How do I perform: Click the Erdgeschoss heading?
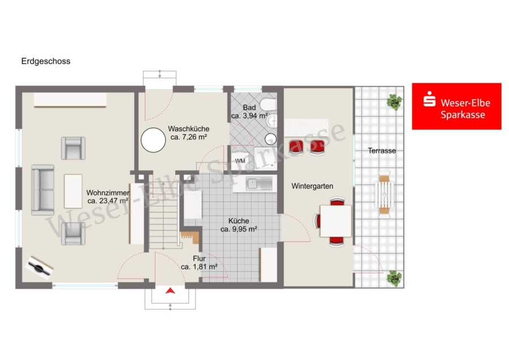pos(46,61)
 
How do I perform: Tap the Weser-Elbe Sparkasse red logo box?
pos(456,106)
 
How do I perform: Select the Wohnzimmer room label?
pos(108,192)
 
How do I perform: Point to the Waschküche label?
pos(188,128)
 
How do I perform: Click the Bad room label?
pos(249,108)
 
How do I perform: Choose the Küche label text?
pos(239,221)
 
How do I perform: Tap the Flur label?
pos(199,259)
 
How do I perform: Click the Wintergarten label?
pos(312,186)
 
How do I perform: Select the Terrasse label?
pos(382,151)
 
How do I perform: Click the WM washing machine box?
pos(240,161)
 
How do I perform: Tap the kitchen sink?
pos(259,183)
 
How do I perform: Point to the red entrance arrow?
pos(170,290)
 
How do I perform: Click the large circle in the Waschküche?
pos(153,140)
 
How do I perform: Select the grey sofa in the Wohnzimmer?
pos(42,190)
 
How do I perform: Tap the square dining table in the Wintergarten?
pos(336,221)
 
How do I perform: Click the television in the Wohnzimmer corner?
pos(40,268)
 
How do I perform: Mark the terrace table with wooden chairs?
pos(385,194)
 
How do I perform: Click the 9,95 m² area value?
pos(239,229)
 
